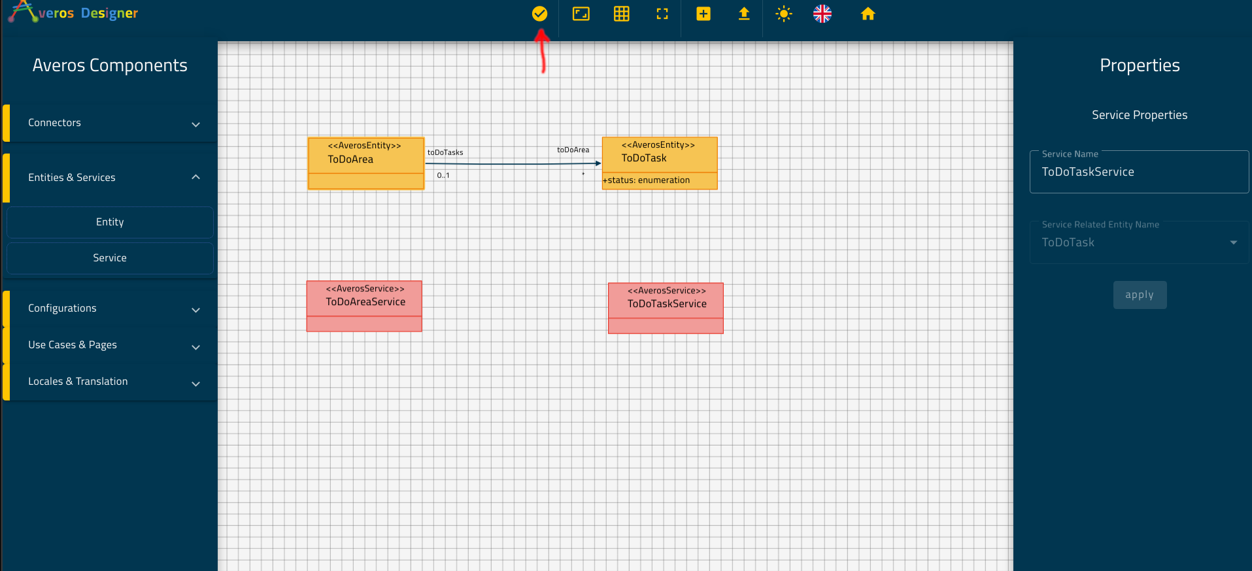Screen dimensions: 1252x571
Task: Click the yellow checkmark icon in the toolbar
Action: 539,14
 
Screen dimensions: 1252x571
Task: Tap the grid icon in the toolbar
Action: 621,14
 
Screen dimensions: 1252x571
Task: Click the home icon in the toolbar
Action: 868,14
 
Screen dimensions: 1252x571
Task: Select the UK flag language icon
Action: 822,14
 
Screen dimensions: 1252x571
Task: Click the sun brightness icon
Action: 783,14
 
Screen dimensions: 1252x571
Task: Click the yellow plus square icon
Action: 703,14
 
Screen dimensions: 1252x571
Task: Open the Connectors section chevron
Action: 195,124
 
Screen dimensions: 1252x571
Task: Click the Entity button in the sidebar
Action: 110,222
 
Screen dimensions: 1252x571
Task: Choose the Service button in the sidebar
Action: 110,258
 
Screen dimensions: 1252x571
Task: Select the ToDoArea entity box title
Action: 350,159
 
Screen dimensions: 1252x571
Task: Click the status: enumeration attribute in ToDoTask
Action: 647,180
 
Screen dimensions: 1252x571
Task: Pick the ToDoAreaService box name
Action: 365,302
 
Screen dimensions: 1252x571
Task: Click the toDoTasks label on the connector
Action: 445,152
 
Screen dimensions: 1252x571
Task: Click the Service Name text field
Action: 1139,172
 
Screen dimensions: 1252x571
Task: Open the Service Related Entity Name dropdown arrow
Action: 1234,242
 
